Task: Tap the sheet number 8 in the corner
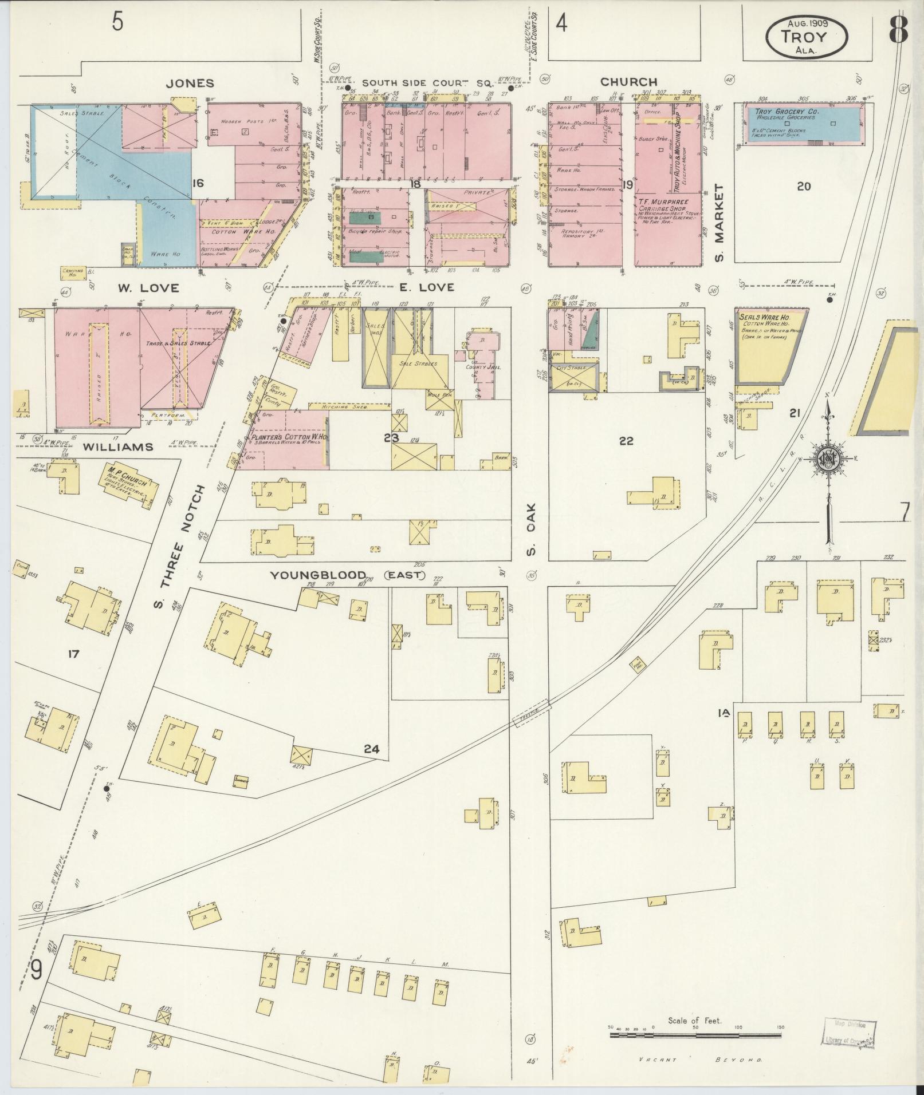899,30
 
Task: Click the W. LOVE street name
148,287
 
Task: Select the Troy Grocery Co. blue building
803,122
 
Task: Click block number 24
371,748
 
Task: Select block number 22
626,440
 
